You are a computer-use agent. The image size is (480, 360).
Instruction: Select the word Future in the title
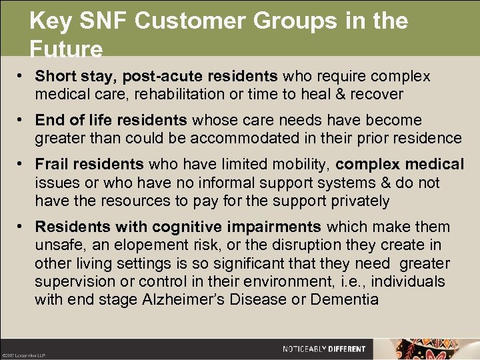tap(66, 50)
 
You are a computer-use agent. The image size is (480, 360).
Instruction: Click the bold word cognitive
tap(174, 227)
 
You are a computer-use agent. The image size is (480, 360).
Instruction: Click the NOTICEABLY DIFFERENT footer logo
tap(324, 349)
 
